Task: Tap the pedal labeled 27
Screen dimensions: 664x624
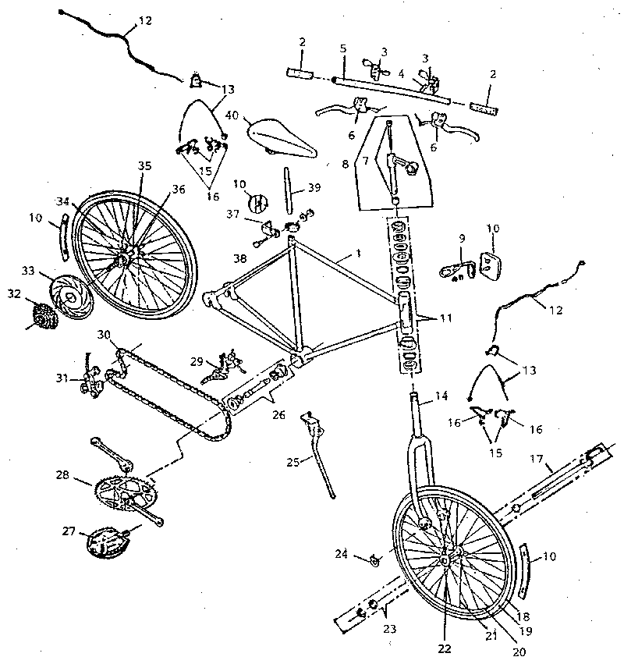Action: point(109,540)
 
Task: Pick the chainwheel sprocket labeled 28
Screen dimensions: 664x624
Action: point(125,493)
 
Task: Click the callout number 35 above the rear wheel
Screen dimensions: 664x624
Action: point(144,165)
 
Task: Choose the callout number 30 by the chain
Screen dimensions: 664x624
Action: point(105,334)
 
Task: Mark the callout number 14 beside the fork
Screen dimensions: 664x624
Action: point(441,396)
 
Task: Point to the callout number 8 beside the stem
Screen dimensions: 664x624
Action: point(344,165)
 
